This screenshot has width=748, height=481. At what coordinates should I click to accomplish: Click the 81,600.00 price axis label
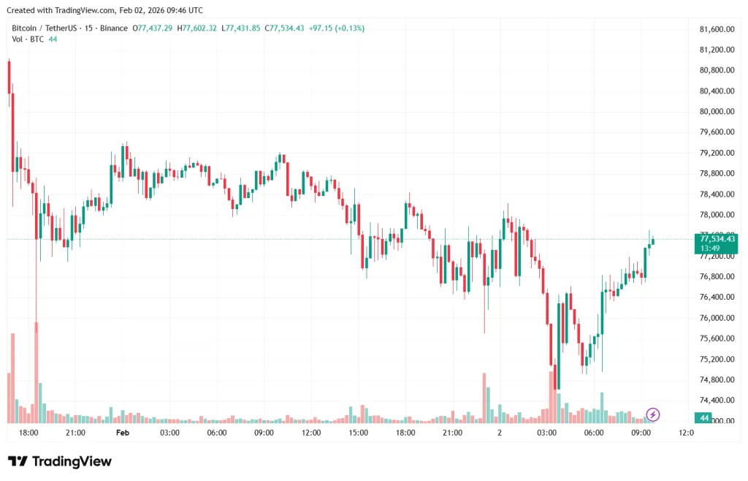[716, 29]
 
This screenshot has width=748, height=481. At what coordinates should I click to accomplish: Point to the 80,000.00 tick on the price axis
[716, 112]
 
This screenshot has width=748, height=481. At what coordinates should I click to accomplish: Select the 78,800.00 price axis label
[716, 174]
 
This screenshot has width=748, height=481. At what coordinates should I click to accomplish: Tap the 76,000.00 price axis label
[716, 318]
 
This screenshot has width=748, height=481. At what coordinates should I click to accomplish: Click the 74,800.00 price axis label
[716, 380]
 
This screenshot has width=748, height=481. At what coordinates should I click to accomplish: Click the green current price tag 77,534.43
[717, 239]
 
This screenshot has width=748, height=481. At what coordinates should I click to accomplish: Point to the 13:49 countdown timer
[709, 249]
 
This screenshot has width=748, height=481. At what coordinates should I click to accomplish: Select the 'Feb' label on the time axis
[123, 433]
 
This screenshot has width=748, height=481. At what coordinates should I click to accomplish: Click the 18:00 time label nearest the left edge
[28, 433]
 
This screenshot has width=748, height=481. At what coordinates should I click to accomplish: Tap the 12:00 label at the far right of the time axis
[686, 433]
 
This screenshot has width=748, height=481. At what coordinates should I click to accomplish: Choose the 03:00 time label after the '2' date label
[547, 433]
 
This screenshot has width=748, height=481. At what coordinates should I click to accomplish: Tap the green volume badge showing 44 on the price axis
[703, 418]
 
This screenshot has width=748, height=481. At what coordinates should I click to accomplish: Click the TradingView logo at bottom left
[60, 461]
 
